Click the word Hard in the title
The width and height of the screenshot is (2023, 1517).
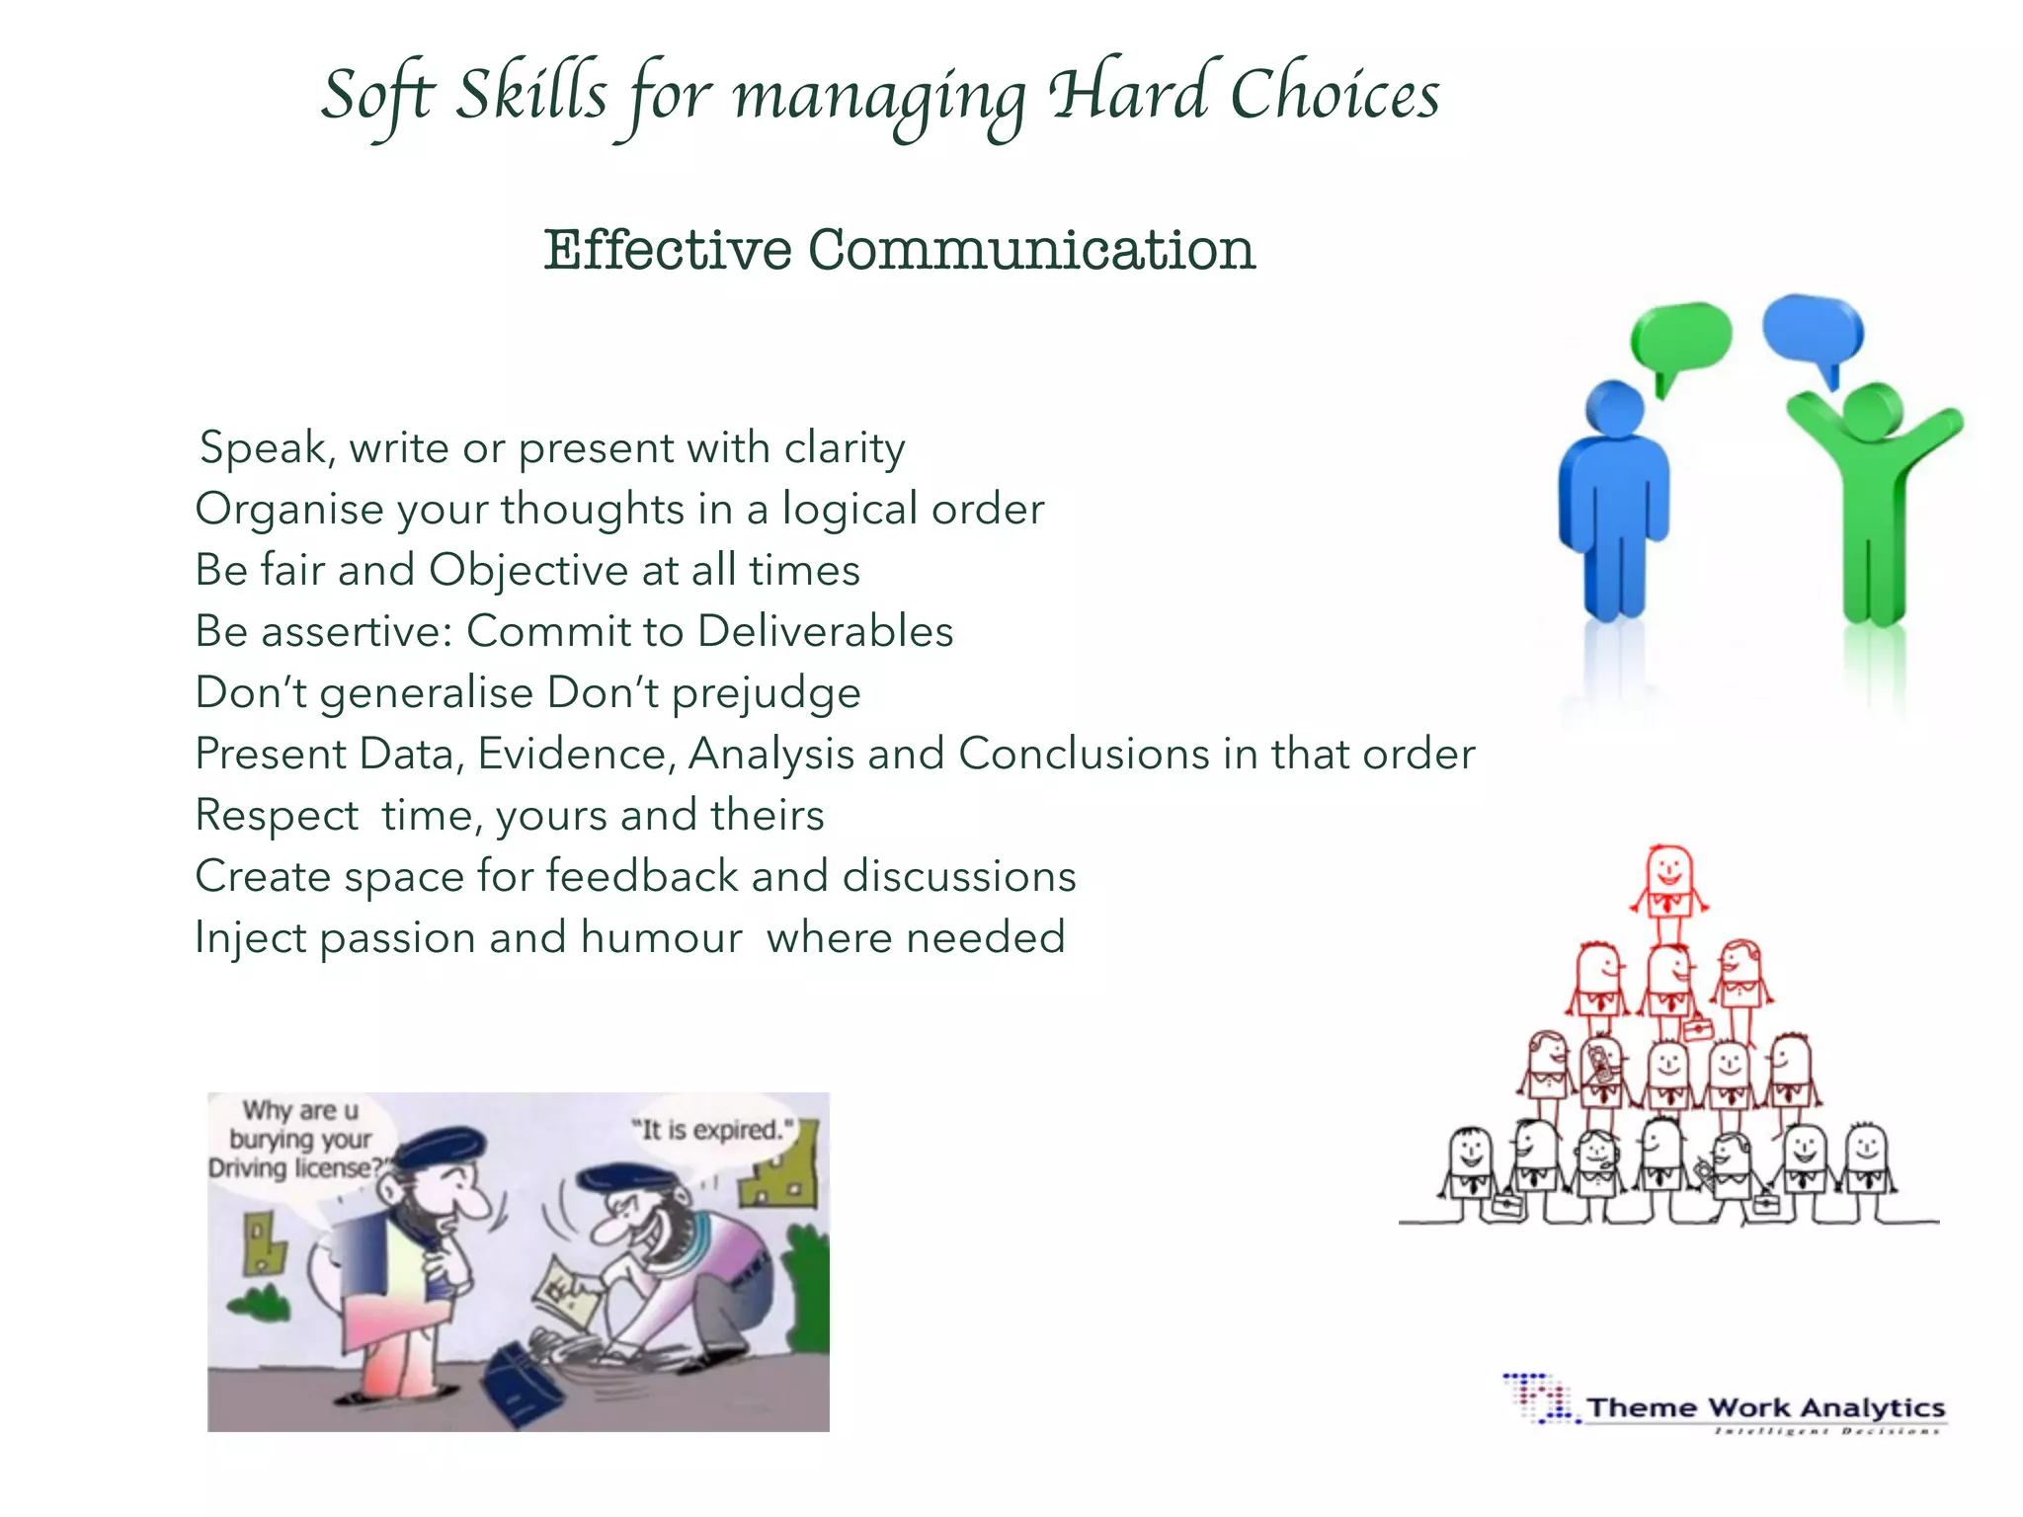click(1128, 95)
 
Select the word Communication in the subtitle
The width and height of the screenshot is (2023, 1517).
click(1031, 250)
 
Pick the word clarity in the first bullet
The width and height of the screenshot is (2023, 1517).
click(845, 448)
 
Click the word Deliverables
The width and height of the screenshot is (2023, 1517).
click(825, 632)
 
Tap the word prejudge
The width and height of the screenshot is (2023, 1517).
click(767, 693)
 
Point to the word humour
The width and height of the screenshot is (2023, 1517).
click(662, 938)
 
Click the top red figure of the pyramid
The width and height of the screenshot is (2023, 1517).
click(1669, 879)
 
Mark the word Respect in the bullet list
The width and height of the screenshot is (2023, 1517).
click(278, 816)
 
